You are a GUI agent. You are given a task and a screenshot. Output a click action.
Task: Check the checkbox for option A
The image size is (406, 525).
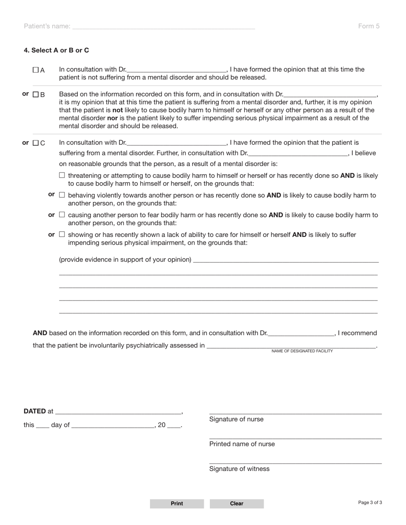35,70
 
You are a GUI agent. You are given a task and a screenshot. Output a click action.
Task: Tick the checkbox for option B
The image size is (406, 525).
35,94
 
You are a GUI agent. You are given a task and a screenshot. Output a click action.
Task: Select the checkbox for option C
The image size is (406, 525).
35,143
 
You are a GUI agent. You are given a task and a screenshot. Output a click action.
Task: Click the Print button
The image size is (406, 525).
177,504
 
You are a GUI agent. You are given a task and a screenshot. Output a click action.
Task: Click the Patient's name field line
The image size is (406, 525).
164,26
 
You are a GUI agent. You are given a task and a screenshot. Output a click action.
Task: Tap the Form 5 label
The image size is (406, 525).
368,26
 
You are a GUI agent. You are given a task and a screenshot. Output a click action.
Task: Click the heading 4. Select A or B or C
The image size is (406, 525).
56,50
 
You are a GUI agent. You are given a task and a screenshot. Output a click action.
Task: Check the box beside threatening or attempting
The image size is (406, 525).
62,175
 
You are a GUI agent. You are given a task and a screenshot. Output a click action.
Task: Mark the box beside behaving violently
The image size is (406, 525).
62,195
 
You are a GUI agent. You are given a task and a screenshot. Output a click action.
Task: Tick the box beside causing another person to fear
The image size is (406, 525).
62,214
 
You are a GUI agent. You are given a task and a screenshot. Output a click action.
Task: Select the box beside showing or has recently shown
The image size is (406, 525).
62,234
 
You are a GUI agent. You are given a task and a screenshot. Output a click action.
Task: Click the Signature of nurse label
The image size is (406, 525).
236,419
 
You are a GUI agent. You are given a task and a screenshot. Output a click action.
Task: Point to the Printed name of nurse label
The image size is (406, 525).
242,444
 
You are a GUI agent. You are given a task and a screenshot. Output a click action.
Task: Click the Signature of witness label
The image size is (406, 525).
239,469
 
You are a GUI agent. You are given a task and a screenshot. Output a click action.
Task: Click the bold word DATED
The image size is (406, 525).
35,411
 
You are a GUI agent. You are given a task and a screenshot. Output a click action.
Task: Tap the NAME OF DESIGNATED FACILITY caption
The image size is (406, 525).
302,351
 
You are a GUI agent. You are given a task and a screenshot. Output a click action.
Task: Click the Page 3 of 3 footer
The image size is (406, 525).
370,502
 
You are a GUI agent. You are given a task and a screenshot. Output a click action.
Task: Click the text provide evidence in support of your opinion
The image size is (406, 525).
125,260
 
